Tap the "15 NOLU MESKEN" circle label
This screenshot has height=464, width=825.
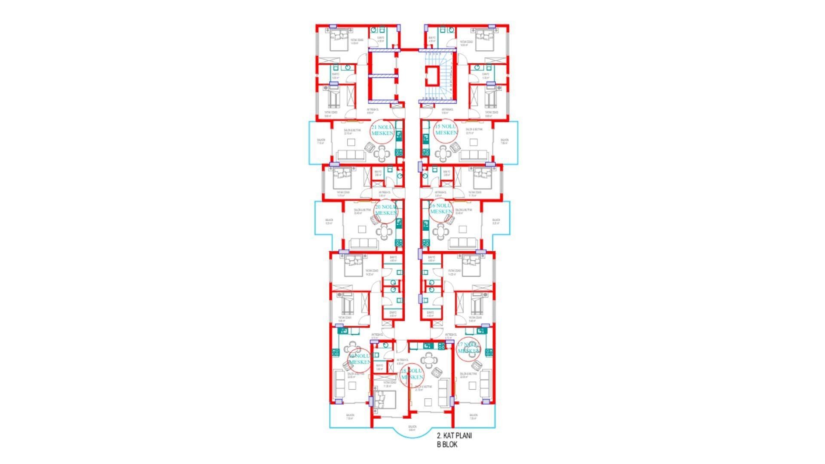click(x=446, y=130)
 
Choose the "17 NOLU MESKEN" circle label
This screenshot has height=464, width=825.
click(x=468, y=348)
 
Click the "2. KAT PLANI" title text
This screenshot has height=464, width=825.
click(x=454, y=436)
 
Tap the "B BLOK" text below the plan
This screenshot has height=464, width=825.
click(x=447, y=445)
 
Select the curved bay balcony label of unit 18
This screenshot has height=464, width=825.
click(x=412, y=428)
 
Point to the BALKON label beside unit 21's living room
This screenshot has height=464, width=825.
click(x=321, y=141)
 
